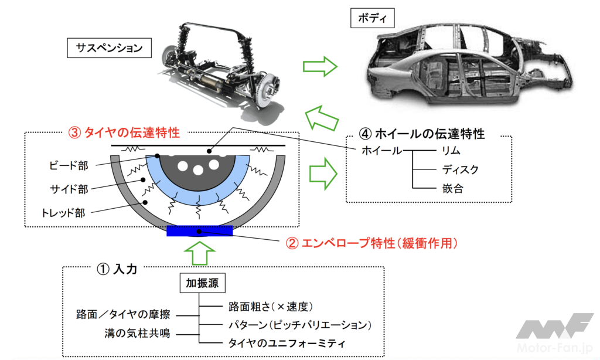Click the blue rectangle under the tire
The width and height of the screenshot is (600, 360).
200,231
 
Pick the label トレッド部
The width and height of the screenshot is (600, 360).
64,213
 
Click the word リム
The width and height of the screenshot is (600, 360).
452,151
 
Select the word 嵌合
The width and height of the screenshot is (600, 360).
452,189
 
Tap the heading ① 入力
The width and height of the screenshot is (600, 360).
117,269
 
